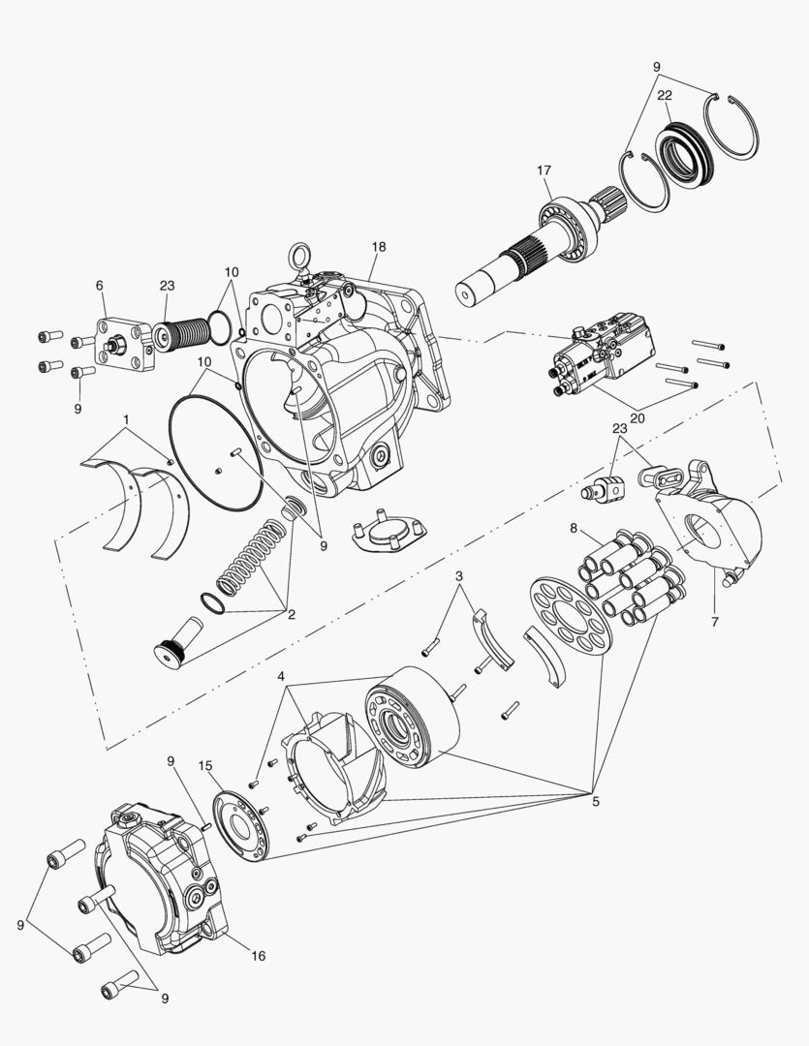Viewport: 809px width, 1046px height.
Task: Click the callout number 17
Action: [544, 171]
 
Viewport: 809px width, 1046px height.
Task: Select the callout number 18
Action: [378, 248]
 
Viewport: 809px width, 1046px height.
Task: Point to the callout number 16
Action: [258, 955]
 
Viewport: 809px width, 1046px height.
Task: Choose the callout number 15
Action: [205, 766]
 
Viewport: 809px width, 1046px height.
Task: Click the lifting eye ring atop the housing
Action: [297, 259]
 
